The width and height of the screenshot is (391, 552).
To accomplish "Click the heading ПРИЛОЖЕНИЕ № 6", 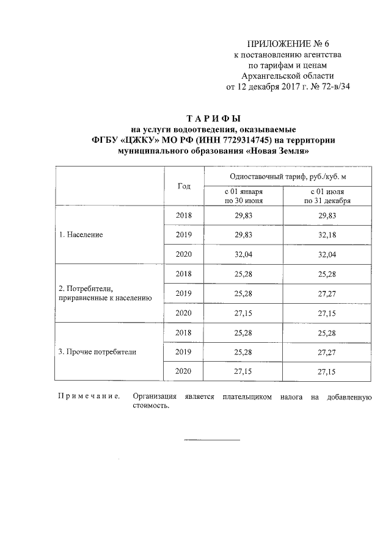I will (x=288, y=43).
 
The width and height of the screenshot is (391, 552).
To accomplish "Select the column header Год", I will (x=183, y=186).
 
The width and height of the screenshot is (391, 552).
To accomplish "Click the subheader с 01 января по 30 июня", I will (x=244, y=196).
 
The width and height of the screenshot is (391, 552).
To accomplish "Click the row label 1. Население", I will (x=81, y=235).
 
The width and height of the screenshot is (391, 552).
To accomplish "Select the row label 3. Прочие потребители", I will (x=97, y=352).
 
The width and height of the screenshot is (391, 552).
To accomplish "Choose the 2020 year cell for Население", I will (x=183, y=254).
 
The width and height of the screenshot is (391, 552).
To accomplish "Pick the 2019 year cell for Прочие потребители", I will (x=183, y=352).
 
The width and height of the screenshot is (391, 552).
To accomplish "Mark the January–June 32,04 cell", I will (x=244, y=254).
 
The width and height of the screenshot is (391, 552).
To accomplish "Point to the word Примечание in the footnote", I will (x=88, y=397).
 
